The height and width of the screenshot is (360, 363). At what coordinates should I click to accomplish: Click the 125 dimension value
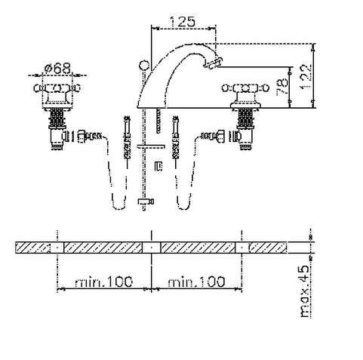click(183, 22)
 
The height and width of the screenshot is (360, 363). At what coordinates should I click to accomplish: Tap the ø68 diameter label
click(57, 68)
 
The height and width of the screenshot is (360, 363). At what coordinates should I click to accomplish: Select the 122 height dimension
click(306, 76)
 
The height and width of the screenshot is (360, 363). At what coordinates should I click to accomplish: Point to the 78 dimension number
click(282, 87)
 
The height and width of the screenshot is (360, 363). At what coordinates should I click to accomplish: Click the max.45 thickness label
click(304, 291)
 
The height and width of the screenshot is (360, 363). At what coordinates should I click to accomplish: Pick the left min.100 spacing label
click(103, 282)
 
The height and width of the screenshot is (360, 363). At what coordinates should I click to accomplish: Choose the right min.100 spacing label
click(196, 282)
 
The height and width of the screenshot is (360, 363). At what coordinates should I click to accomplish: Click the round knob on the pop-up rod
click(144, 65)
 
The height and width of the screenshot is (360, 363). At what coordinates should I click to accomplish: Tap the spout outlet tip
click(213, 63)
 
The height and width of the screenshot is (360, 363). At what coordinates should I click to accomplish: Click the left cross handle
click(57, 88)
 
